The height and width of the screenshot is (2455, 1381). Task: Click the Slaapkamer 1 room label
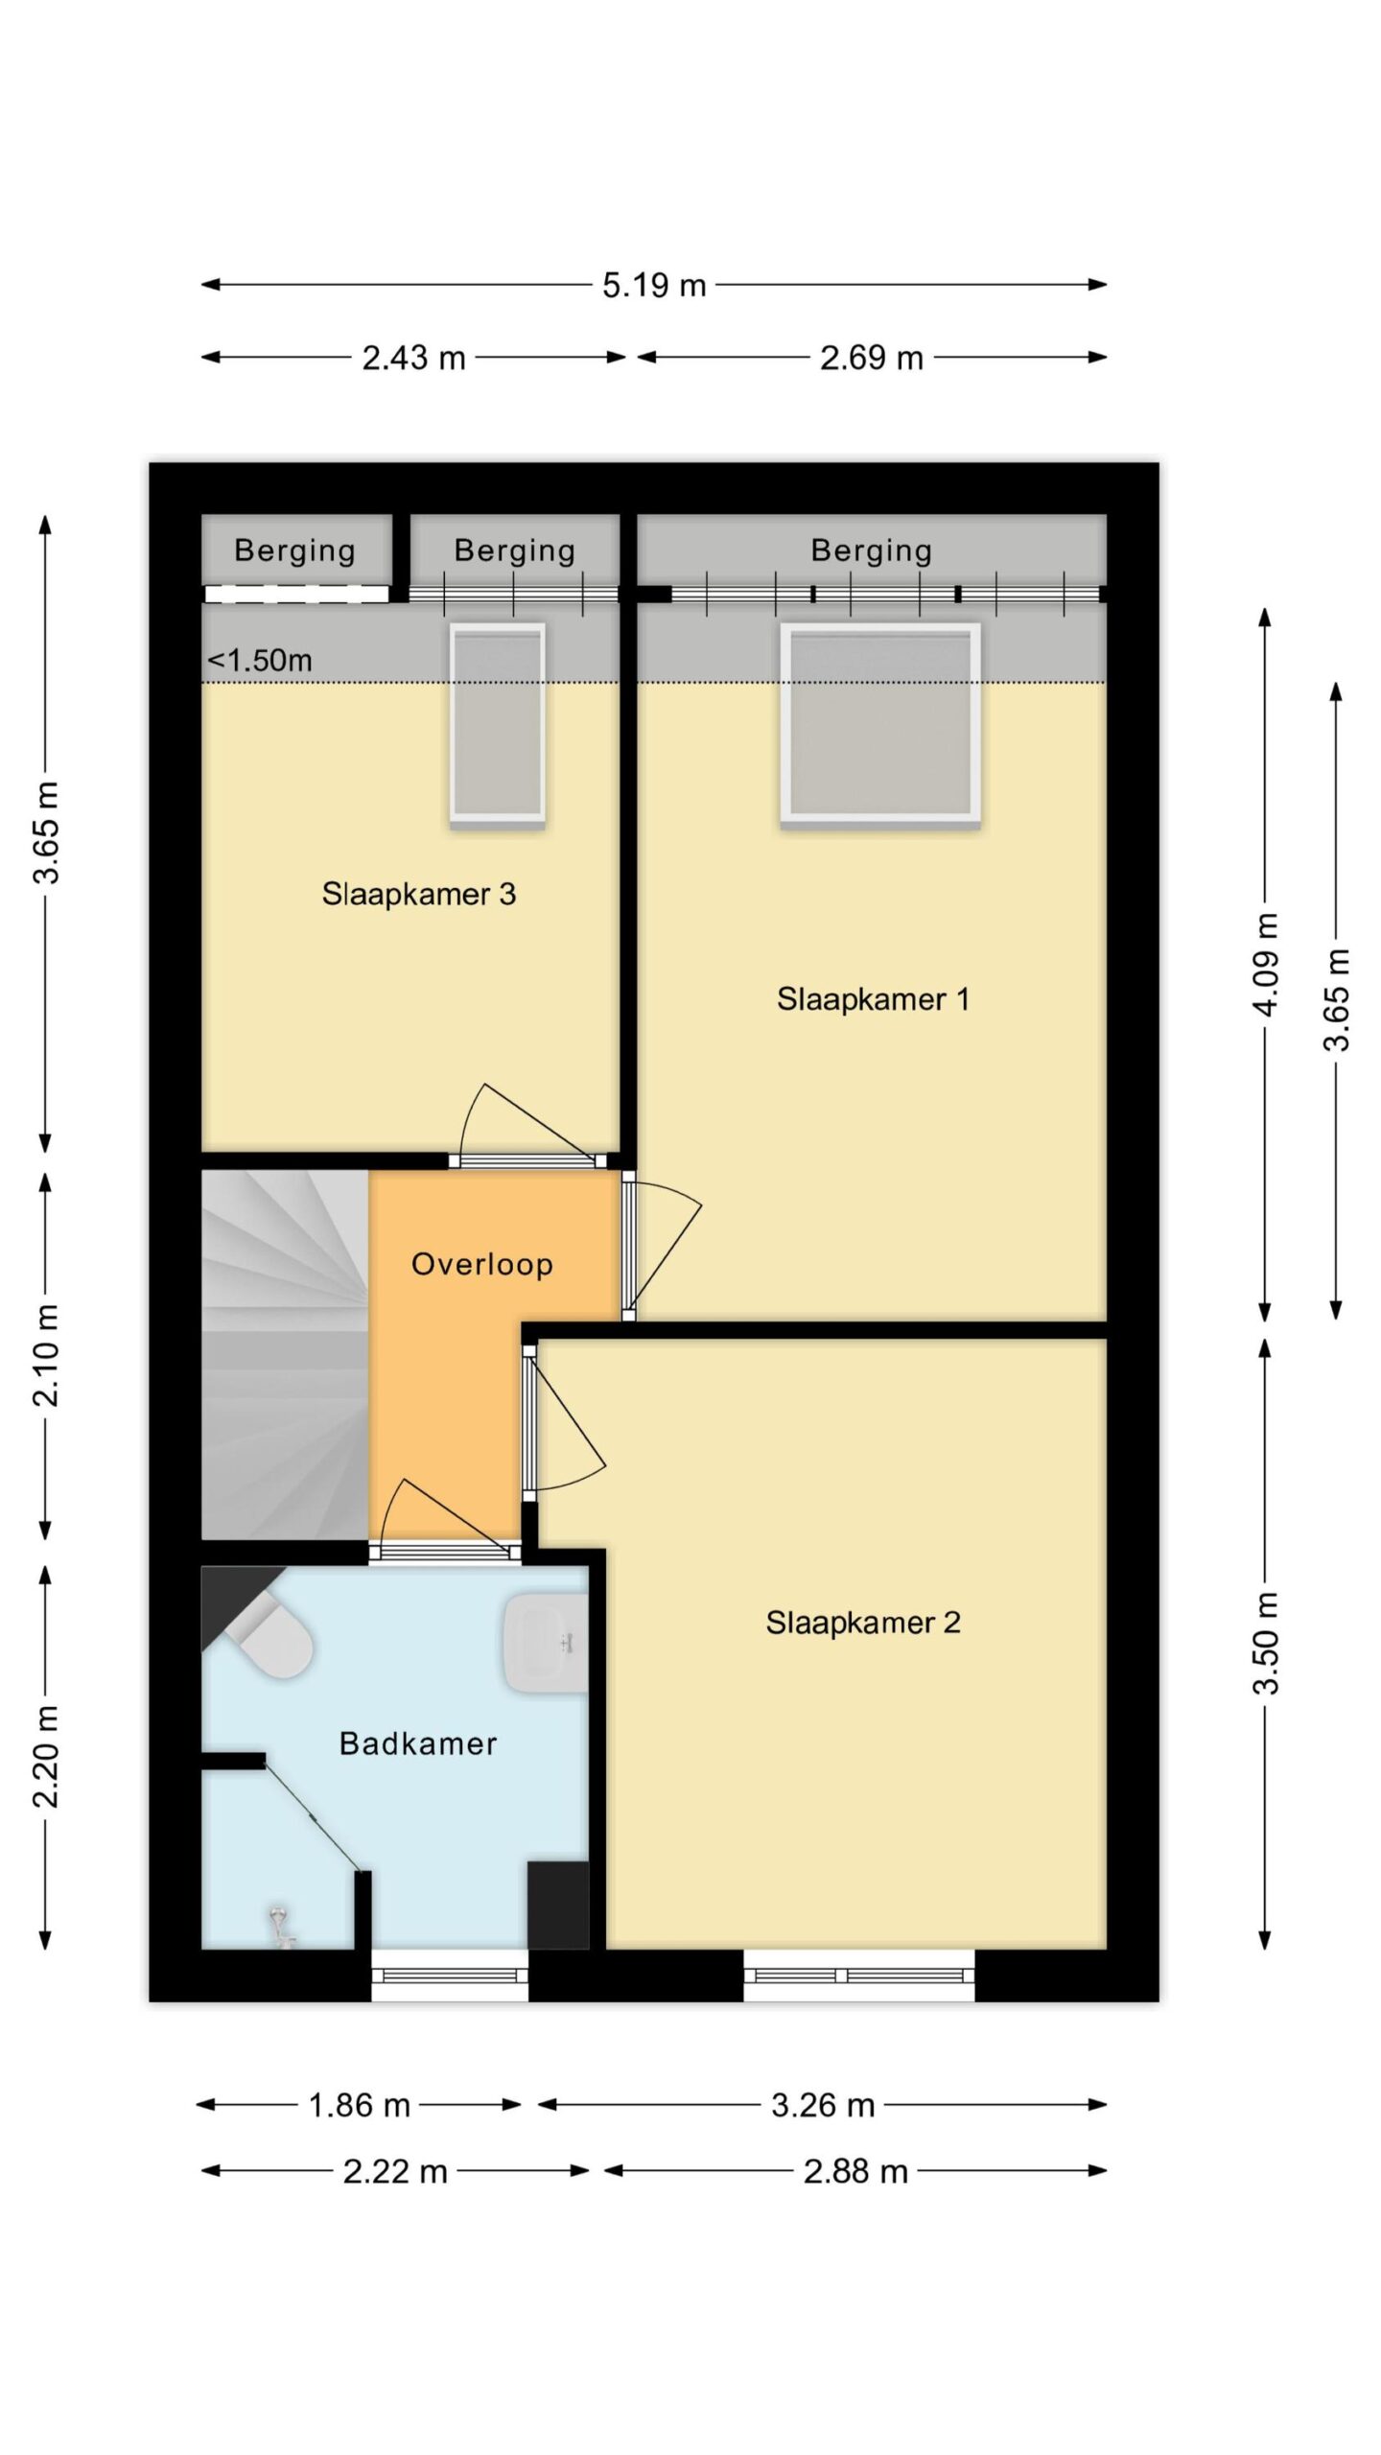tap(873, 999)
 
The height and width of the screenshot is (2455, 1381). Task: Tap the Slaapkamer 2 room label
tap(862, 1623)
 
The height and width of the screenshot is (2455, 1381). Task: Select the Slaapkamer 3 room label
tap(419, 894)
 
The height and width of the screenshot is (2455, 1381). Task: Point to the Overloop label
tap(481, 1265)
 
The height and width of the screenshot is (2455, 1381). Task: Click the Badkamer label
tap(418, 1743)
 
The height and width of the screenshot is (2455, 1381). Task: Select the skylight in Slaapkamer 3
tap(498, 725)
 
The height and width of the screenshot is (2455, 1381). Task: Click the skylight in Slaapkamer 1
tap(880, 723)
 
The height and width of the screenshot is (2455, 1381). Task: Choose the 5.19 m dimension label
tap(654, 285)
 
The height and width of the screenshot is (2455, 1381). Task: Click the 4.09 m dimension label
tap(1267, 964)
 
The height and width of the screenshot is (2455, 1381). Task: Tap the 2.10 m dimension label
tap(46, 1354)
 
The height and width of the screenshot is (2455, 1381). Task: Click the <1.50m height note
tap(260, 661)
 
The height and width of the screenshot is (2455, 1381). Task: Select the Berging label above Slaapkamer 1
tap(871, 550)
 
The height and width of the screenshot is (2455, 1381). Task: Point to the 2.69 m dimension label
tap(871, 359)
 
